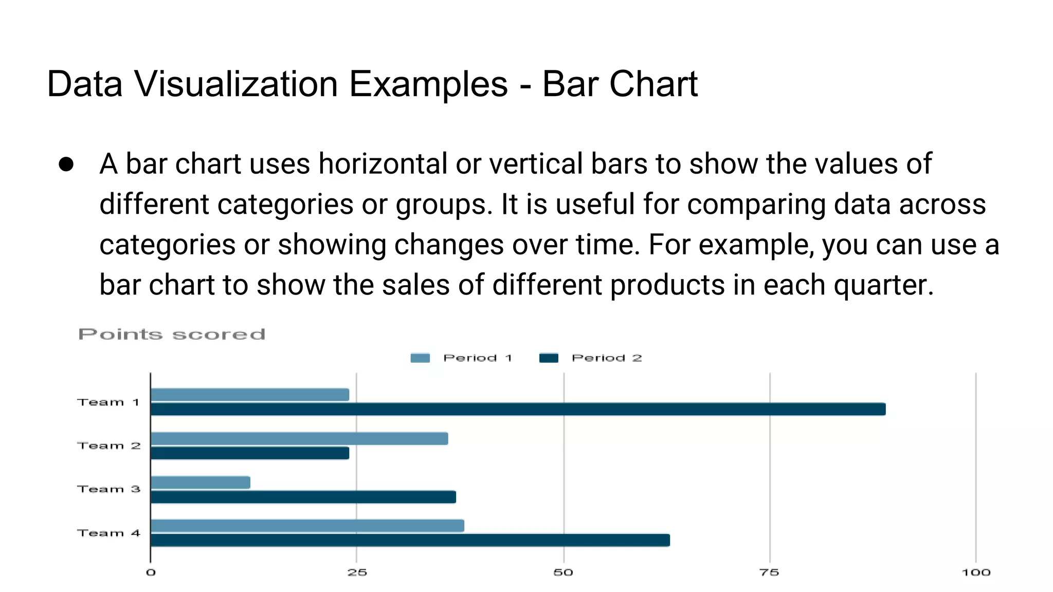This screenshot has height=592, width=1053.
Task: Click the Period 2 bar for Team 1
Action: pyautogui.click(x=518, y=409)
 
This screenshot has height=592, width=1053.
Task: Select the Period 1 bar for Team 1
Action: pyautogui.click(x=250, y=395)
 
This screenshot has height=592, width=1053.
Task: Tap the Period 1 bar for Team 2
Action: pyautogui.click(x=299, y=438)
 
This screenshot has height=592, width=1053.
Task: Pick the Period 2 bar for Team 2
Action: pyautogui.click(x=250, y=453)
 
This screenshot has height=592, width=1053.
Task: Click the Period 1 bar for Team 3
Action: pyautogui.click(x=201, y=483)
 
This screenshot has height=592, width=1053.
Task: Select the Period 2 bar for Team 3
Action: pyautogui.click(x=303, y=497)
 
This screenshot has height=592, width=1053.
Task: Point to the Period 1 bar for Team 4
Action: pyautogui.click(x=307, y=526)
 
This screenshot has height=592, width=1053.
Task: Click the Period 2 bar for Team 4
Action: pyautogui.click(x=410, y=540)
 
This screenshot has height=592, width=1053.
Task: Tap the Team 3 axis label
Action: pyautogui.click(x=108, y=489)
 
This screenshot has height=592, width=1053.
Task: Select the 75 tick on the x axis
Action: pyautogui.click(x=769, y=572)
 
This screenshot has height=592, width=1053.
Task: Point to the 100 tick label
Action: pyautogui.click(x=976, y=572)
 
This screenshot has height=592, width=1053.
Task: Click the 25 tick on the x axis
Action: pyautogui.click(x=357, y=572)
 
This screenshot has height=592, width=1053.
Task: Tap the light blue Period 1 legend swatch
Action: pyautogui.click(x=420, y=358)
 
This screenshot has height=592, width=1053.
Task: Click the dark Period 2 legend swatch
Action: pyautogui.click(x=549, y=358)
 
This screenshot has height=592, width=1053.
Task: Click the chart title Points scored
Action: pyautogui.click(x=172, y=335)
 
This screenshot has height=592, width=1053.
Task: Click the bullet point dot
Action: pyautogui.click(x=66, y=164)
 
